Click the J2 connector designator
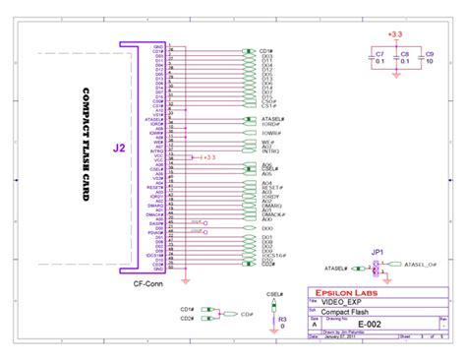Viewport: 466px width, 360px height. coord(119,149)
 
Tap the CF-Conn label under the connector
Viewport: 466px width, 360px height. coord(147,283)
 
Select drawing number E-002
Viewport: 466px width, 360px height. coord(370,323)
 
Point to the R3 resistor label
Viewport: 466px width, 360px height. coord(282,320)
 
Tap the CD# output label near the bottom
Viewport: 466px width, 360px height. coord(232,314)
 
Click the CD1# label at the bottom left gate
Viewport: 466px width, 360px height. coord(187,308)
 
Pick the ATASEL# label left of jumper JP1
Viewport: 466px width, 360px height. coord(336,268)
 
